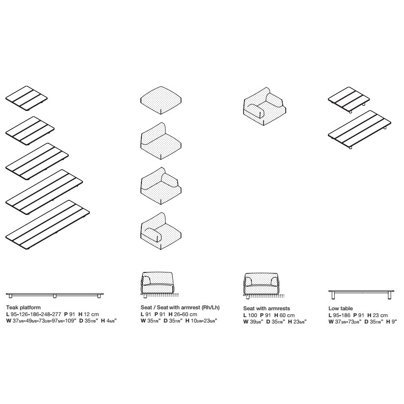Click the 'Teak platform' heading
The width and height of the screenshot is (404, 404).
(24, 307)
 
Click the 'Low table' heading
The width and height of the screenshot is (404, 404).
(340, 308)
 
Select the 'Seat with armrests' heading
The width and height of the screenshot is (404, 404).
(267, 308)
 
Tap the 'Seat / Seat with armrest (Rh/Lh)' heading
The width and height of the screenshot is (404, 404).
(180, 307)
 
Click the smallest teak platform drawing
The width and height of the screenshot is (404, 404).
(27, 99)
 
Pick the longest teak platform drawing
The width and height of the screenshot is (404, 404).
(48, 225)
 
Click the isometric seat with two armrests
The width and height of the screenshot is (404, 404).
(265, 107)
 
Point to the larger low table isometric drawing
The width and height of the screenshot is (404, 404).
(359, 130)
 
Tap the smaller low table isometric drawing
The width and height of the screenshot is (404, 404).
(349, 100)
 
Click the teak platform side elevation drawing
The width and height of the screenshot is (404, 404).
(54, 296)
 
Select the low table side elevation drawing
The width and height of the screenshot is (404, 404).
(361, 295)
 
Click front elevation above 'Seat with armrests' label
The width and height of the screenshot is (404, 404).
(262, 286)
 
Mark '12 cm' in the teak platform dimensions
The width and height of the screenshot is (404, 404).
(91, 314)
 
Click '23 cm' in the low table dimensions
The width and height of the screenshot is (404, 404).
(380, 315)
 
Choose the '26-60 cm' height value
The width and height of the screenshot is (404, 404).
(186, 314)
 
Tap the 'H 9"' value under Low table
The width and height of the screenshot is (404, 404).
(391, 322)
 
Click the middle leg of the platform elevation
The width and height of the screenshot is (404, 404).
(54, 296)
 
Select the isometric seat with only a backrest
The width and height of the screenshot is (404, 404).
(161, 141)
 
